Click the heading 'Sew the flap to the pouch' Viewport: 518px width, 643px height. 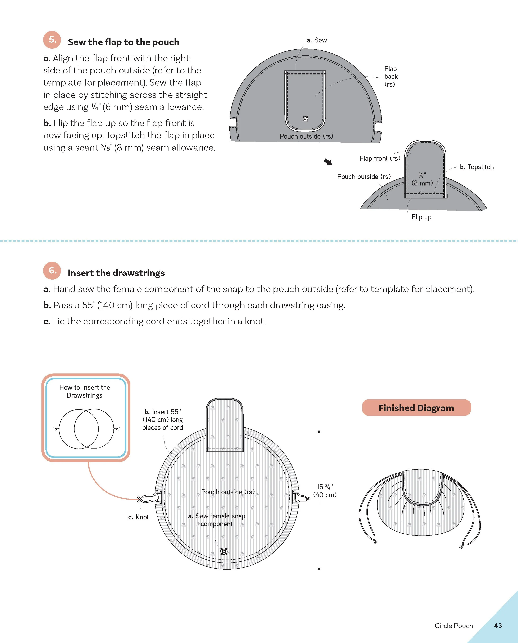(x=123, y=42)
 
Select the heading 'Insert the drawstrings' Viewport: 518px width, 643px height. (x=116, y=273)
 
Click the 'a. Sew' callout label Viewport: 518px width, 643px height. (x=317, y=40)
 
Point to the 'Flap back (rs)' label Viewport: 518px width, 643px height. (x=391, y=77)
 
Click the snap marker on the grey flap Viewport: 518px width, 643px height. (x=305, y=119)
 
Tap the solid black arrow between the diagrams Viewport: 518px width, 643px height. (x=328, y=162)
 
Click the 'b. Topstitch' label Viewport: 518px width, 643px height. (x=477, y=167)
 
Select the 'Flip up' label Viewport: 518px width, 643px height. (x=421, y=217)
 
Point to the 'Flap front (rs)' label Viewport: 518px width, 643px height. (x=379, y=158)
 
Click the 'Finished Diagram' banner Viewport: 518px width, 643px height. (x=416, y=408)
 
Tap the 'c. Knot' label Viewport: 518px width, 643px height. (x=138, y=517)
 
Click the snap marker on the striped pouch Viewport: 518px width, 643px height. (x=224, y=551)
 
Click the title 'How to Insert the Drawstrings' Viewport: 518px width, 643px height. (x=85, y=391)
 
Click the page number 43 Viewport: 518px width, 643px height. (x=498, y=626)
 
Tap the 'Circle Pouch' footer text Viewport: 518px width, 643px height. (x=454, y=626)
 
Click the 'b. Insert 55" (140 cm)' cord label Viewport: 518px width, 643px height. (x=163, y=420)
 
